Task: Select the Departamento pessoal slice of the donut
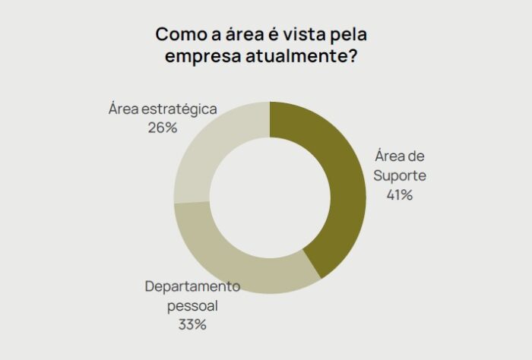tap(236, 262)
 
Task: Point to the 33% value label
tap(192, 325)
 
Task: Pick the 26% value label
tap(163, 128)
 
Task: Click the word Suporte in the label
tap(399, 175)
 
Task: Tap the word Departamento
tap(192, 287)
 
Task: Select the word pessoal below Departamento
tap(192, 306)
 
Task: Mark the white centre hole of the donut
tap(270, 197)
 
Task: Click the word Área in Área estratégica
tap(123, 109)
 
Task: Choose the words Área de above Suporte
tap(400, 156)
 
